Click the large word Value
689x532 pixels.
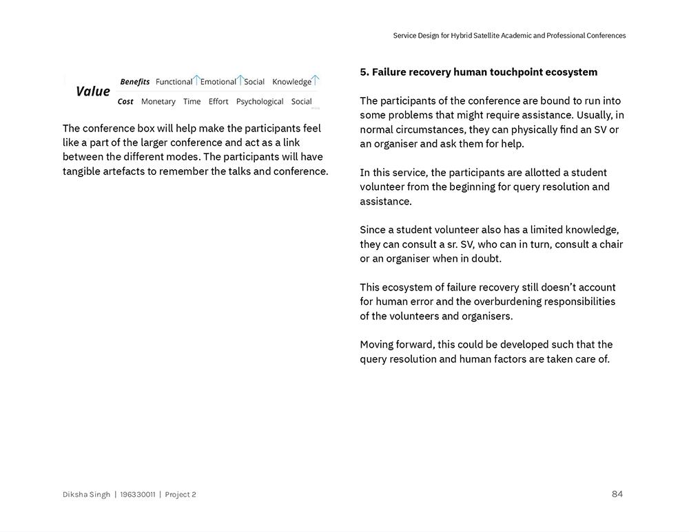coord(92,92)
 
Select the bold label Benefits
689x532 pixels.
coord(134,82)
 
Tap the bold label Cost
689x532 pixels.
coord(125,102)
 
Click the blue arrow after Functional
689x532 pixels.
coord(196,81)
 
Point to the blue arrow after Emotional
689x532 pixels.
coord(240,81)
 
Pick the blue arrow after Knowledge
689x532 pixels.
coord(315,81)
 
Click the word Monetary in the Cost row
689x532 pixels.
coord(158,102)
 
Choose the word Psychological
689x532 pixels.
coord(260,102)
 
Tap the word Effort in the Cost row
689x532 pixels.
coord(218,102)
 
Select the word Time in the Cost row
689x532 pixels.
coord(192,102)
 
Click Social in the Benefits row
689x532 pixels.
coord(254,82)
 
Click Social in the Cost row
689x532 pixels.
coord(301,102)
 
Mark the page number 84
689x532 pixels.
coord(617,494)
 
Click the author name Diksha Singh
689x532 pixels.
coord(86,495)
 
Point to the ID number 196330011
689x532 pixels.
coord(138,495)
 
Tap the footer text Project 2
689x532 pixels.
coord(181,495)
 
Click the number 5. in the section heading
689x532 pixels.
coord(364,72)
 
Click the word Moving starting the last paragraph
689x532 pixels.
coord(377,345)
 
